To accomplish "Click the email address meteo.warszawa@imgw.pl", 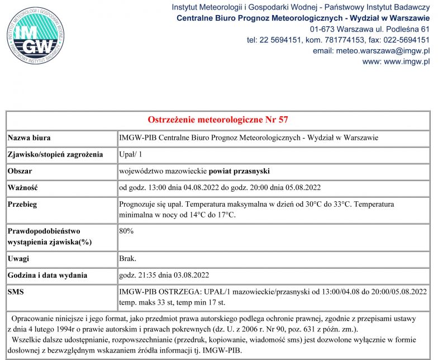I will [371, 50].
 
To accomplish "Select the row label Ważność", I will [23, 187].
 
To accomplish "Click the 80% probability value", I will [126, 230].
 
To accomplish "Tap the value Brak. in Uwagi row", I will [128, 259].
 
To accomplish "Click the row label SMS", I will [16, 292].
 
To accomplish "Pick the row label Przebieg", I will [23, 205].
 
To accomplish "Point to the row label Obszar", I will [20, 170].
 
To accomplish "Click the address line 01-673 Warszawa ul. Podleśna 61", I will [369, 29].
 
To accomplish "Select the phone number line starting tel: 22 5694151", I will [337, 40].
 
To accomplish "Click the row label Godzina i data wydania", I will [47, 275].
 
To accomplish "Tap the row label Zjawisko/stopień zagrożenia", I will [56, 154].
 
